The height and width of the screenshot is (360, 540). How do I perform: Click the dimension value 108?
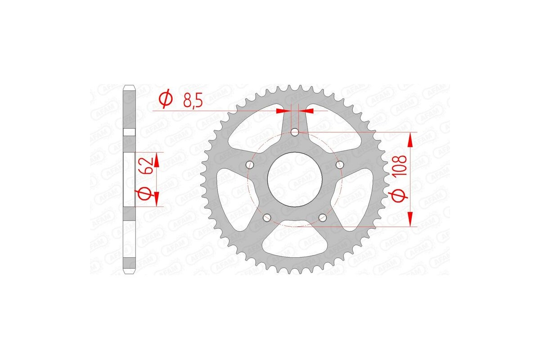pyautogui.click(x=400, y=167)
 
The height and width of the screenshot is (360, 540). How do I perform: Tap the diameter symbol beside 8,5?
pyautogui.click(x=166, y=100)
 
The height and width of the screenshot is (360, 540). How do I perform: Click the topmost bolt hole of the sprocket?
pyautogui.click(x=295, y=132)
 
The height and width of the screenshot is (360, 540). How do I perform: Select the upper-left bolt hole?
pyautogui.click(x=250, y=165)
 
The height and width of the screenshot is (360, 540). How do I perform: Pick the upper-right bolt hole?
pyautogui.click(x=340, y=165)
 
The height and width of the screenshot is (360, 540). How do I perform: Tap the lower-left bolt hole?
pyautogui.click(x=267, y=218)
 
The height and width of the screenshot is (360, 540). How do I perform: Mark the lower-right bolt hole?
pyautogui.click(x=323, y=218)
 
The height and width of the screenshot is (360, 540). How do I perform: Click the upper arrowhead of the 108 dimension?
pyautogui.click(x=410, y=140)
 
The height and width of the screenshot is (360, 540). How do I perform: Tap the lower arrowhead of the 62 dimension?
pyautogui.click(x=157, y=198)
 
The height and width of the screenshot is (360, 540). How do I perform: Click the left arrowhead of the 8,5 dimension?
pyautogui.click(x=283, y=110)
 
